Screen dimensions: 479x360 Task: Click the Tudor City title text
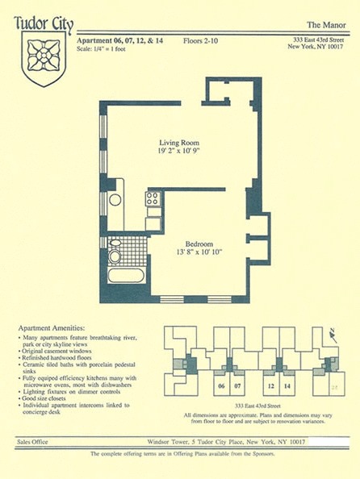click(44, 23)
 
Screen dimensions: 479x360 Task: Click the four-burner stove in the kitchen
click(153, 198)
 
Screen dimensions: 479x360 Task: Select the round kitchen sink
click(115, 199)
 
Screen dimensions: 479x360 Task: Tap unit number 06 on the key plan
click(220, 385)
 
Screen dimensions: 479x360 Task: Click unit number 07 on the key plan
click(237, 385)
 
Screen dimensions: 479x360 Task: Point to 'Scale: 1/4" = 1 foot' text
click(107, 46)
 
